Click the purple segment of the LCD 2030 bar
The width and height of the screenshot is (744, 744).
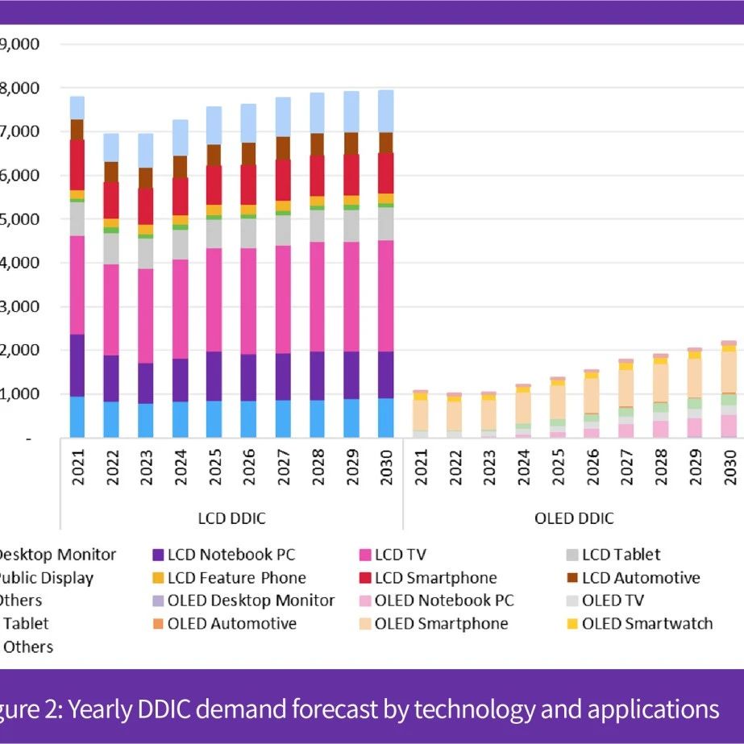coord(386,375)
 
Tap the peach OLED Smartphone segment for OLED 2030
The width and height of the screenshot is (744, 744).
coord(728,372)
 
